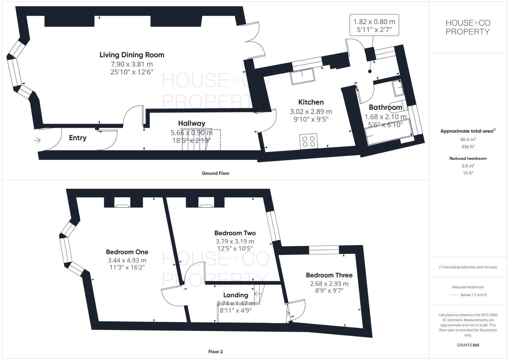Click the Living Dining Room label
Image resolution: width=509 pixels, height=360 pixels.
[x=132, y=55]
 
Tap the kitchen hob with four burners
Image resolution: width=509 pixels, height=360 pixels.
[x=309, y=141]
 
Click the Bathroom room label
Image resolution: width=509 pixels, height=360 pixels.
[x=385, y=107]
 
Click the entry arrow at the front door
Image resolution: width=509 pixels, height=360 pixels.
[x=37, y=140]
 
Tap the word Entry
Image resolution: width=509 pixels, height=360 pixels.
[x=78, y=138]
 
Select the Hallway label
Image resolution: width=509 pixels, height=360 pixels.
[x=191, y=123]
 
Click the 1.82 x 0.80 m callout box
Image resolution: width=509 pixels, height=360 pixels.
[x=374, y=25]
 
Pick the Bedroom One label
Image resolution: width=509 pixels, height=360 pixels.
[x=127, y=252]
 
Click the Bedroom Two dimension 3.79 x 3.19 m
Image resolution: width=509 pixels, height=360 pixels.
[x=235, y=241]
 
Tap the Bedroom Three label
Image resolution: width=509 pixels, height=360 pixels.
[x=329, y=275]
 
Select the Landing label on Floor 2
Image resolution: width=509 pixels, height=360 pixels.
[x=235, y=295]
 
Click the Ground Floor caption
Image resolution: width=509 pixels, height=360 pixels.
[x=215, y=173]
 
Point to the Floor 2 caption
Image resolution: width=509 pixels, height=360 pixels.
[x=215, y=352]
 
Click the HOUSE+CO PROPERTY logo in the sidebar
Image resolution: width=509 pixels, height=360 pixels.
[x=468, y=27]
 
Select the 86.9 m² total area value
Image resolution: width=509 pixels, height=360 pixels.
[x=468, y=140]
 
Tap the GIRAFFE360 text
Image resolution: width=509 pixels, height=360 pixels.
[x=468, y=345]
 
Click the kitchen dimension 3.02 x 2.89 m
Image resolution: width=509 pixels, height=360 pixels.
[x=311, y=112]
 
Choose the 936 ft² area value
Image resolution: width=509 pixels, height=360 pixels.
[x=468, y=147]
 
